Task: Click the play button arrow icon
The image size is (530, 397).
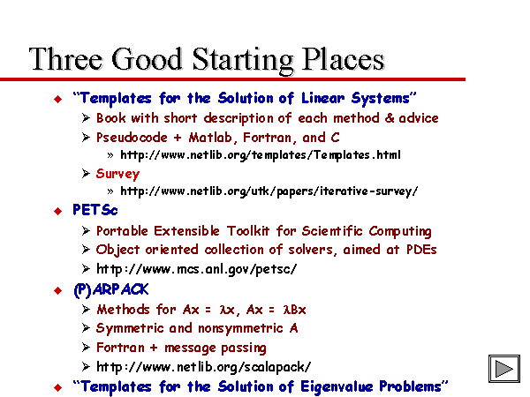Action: [504, 369]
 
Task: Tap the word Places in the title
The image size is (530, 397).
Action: [343, 59]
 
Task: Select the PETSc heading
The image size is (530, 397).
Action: [95, 210]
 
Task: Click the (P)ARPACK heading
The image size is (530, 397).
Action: [111, 290]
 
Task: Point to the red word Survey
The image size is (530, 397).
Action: [117, 174]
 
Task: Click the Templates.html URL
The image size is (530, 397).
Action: [261, 155]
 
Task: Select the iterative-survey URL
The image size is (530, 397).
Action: [269, 191]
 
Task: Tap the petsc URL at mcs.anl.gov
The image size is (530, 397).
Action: [196, 269]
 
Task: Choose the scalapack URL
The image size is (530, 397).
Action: [203, 367]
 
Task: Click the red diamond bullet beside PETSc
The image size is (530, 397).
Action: [57, 212]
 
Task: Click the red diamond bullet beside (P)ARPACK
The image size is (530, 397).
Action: [57, 290]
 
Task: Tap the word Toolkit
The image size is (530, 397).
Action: [247, 231]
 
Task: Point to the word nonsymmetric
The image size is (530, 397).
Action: [240, 328]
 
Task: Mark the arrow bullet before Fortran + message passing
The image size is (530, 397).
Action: [86, 348]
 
